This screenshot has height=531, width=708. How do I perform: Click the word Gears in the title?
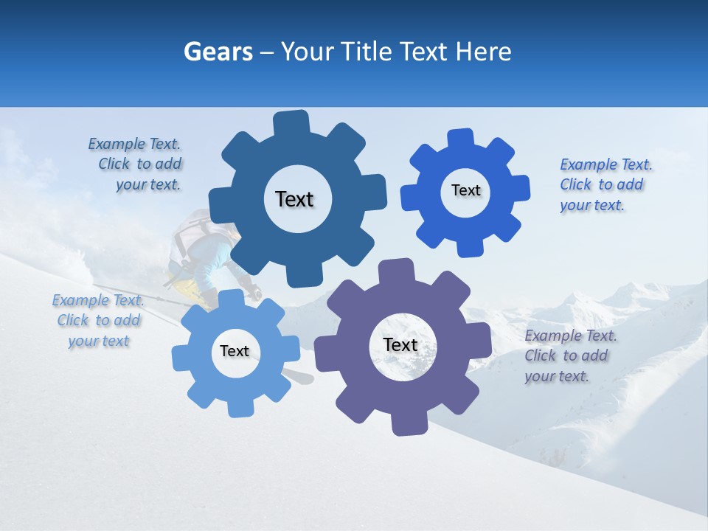coord(218,52)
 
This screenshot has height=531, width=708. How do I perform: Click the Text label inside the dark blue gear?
coord(294,199)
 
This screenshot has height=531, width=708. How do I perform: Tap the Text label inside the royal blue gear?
coord(465,190)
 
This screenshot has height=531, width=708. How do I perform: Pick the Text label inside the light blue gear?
coord(235,351)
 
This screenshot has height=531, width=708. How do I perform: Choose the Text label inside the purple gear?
coord(400,344)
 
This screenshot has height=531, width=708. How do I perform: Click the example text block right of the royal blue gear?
coord(605,184)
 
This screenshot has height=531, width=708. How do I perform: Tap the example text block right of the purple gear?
coord(570,355)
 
